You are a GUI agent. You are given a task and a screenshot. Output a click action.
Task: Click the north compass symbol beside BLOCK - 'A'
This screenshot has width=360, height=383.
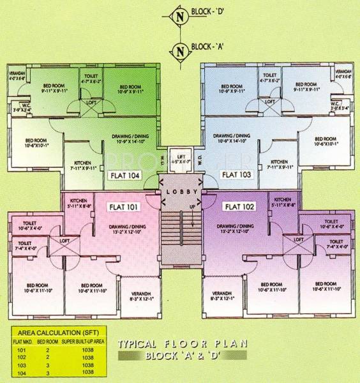pos(179,48)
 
